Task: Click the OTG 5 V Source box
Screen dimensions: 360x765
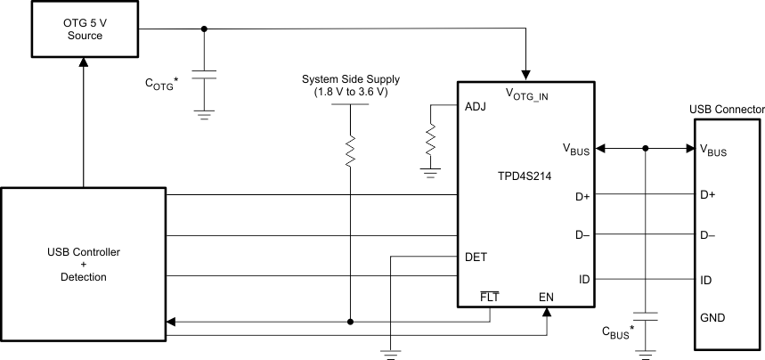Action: click(83, 29)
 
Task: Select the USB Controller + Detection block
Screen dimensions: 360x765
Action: click(83, 265)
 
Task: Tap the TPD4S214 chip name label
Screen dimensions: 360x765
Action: click(524, 176)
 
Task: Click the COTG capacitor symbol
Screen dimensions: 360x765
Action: click(206, 77)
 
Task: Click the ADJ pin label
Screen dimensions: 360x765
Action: click(476, 106)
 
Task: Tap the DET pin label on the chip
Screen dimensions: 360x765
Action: click(476, 257)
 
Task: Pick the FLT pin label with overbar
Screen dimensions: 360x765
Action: click(488, 297)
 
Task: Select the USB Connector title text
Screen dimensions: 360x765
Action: click(727, 109)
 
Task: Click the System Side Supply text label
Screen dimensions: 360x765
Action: click(350, 85)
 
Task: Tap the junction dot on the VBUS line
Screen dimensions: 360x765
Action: click(645, 149)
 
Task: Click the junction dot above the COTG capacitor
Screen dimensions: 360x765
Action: click(206, 29)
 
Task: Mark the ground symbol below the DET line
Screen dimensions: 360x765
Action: click(390, 352)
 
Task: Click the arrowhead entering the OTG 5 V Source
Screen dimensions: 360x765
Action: click(83, 61)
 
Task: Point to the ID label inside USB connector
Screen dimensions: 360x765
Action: click(707, 280)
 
